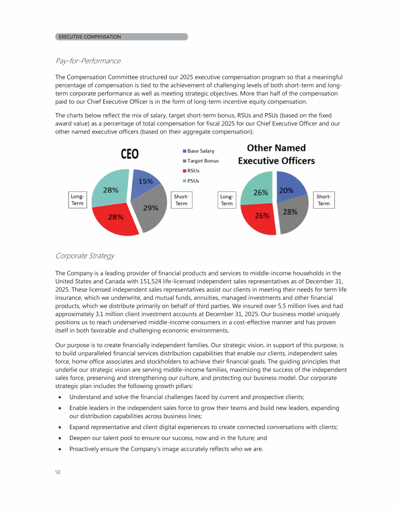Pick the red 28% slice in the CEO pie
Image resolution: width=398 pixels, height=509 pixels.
coord(116,218)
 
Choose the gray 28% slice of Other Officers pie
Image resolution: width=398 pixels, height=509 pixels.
coord(290,214)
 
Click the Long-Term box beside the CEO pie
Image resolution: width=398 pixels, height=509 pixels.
coord(77,200)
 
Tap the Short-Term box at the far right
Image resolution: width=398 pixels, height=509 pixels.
coord(323,200)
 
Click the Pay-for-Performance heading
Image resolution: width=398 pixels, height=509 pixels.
coord(88,61)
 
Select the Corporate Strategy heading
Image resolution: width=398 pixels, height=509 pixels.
coord(84,256)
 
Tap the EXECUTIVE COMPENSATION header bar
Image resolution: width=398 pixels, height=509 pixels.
coord(121,37)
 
